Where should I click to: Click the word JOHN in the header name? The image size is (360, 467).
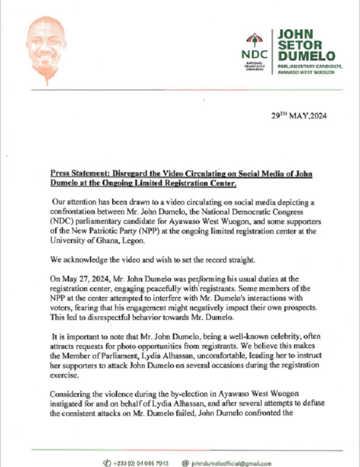(295, 33)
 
